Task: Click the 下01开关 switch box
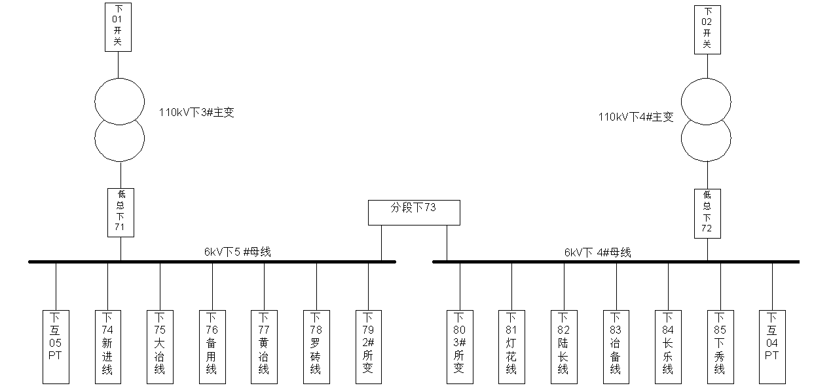pos(118,28)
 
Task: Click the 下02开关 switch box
pos(707,29)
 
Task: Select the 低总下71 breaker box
pos(120,212)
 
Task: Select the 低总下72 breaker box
pos(707,213)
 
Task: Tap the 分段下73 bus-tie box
pos(414,212)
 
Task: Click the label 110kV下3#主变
pos(196,113)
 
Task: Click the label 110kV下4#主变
pos(635,117)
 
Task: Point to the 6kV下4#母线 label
pos(597,252)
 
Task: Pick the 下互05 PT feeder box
pos(55,347)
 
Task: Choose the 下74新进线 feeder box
pos(107,347)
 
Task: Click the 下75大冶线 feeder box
pos(159,347)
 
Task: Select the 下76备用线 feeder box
pos(212,347)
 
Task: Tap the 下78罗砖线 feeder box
pos(316,347)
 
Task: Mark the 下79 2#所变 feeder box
pos(368,347)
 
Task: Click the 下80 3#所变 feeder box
pos(459,347)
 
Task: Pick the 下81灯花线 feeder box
pos(511,347)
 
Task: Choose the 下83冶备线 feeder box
pos(616,347)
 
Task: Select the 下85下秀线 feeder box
pos(720,347)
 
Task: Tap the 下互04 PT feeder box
pos(771,347)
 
